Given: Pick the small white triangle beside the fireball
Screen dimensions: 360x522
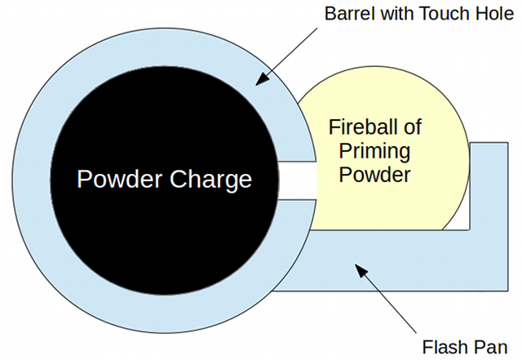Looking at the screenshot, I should [x=460, y=218].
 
